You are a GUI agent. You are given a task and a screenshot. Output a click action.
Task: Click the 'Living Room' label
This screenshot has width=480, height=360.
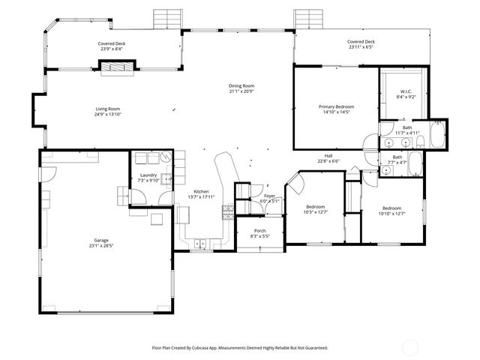[x=107, y=109]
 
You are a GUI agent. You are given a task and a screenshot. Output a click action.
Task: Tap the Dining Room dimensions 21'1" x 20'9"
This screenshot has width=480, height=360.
[x=241, y=91]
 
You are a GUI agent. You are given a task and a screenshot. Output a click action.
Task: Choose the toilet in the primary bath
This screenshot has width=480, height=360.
[x=421, y=141]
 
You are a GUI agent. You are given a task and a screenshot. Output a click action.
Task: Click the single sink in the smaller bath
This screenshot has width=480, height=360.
[x=386, y=171]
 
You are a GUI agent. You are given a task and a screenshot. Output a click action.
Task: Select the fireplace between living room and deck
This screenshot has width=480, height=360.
[x=117, y=67]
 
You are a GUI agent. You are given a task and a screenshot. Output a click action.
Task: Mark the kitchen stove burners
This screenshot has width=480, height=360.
[x=226, y=211]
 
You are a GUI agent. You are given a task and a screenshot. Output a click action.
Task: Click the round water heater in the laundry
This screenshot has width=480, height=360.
[x=165, y=158]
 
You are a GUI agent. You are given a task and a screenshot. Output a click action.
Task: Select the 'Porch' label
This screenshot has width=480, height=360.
[x=259, y=230]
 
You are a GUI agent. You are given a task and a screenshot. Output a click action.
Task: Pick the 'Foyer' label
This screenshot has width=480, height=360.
[x=268, y=196]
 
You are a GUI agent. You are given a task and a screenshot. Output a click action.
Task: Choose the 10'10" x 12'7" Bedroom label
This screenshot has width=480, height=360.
[x=391, y=208]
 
